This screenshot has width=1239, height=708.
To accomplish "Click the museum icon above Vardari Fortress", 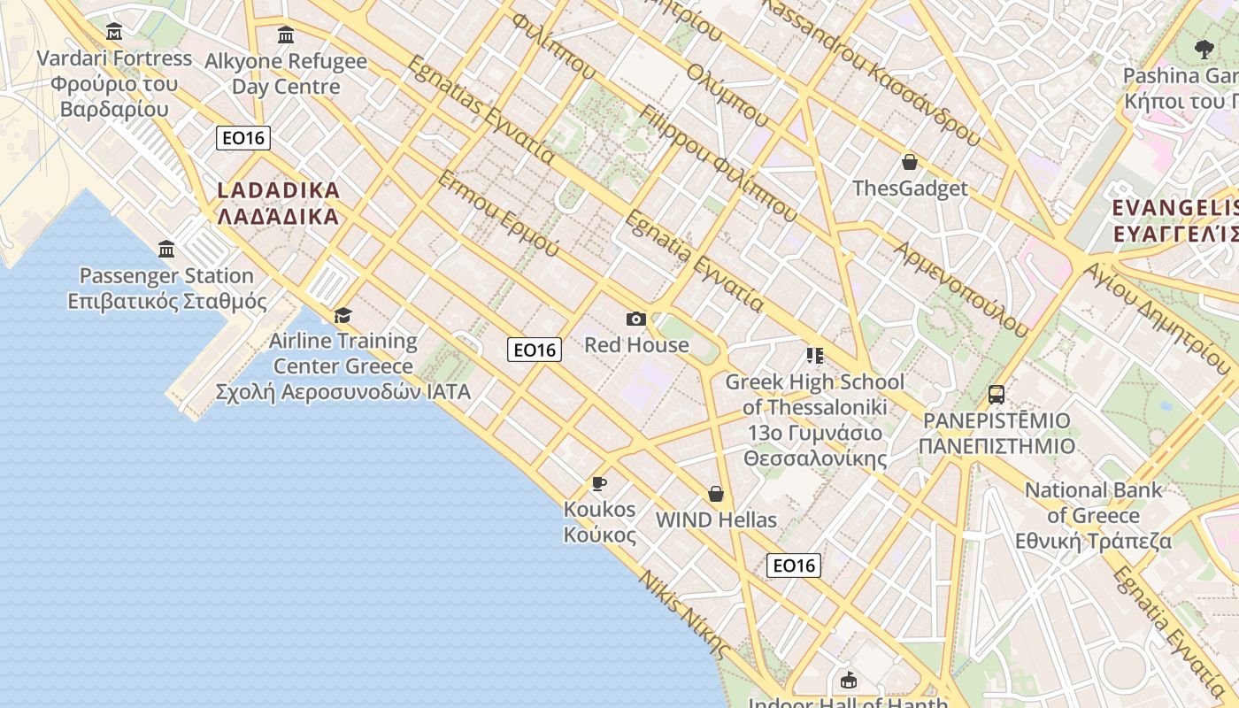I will [x=114, y=33].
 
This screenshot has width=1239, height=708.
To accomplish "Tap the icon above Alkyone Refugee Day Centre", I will [x=286, y=35].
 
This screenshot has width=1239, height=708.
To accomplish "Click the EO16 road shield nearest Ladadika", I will [x=243, y=138].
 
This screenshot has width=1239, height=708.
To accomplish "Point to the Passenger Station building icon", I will [x=166, y=250].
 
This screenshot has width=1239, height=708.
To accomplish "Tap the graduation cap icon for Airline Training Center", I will [x=342, y=315].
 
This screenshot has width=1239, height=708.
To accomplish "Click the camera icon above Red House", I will [x=635, y=319].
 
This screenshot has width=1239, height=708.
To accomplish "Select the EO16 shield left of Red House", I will [x=535, y=350].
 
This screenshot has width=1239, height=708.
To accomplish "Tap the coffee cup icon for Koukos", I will [x=599, y=483].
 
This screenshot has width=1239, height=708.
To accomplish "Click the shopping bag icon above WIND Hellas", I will [x=716, y=494].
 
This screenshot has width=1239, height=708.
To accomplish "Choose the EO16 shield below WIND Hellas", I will [x=793, y=566].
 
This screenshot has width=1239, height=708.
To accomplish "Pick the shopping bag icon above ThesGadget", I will [x=909, y=162].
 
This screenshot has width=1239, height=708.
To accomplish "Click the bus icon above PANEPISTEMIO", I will [x=997, y=395].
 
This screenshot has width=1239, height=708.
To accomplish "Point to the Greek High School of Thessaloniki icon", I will [x=814, y=356].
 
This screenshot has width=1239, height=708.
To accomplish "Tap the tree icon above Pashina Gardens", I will [x=1204, y=50].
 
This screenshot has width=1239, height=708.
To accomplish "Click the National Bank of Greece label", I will [x=1094, y=515].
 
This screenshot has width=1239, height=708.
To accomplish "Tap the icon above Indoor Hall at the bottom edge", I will [x=849, y=681].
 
